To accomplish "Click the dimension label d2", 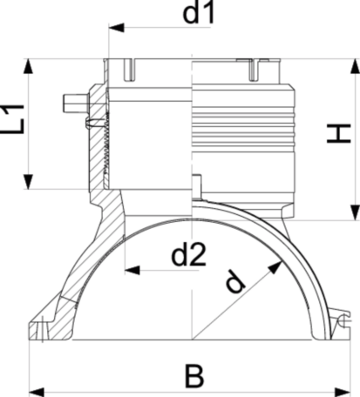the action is click(189, 255).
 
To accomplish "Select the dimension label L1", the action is click(12, 119).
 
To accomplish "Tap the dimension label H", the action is click(339, 133).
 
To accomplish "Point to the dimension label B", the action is click(194, 376).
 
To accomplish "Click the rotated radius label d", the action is click(234, 281).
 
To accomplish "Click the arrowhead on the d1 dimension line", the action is click(116, 28).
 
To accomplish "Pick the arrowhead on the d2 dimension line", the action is click(132, 270).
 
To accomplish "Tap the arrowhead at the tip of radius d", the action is click(275, 267).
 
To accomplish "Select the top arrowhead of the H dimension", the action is click(355, 66).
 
